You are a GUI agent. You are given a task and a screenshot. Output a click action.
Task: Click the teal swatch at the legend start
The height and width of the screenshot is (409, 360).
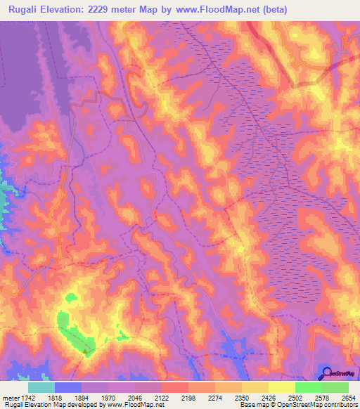pyautogui.click(x=41, y=387)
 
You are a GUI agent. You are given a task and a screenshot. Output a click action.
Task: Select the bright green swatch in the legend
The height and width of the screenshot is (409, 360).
pyautogui.click(x=308, y=387)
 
